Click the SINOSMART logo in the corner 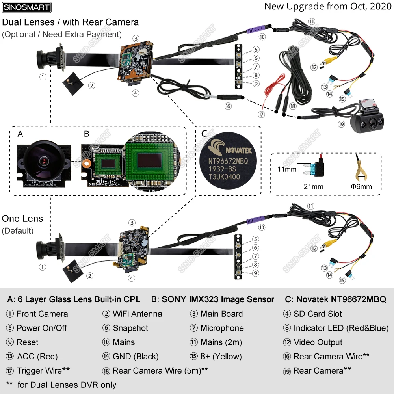point(27,7)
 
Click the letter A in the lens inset point(20,134)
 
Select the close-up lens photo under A point(43,161)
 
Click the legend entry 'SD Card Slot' point(318,314)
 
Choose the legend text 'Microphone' point(222,328)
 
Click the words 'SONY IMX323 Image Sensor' point(218,299)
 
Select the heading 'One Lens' point(22,219)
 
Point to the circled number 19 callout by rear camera point(341,124)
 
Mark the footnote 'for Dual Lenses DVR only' point(67,385)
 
